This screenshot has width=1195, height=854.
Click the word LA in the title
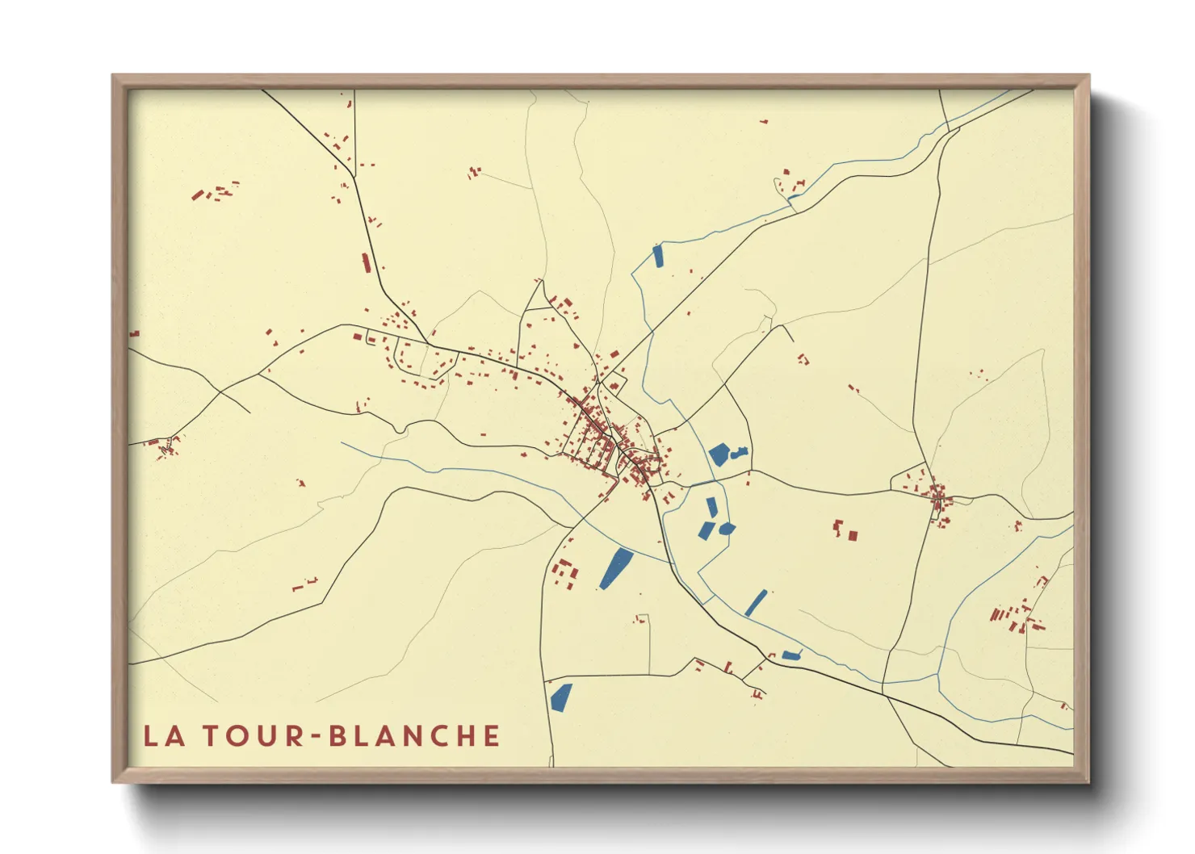[x=165, y=736]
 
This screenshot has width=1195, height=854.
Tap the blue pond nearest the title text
[x=560, y=697]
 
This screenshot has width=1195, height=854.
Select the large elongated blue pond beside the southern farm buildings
[x=617, y=568]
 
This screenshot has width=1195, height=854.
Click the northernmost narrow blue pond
[x=657, y=256]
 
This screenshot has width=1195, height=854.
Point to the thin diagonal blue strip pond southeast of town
[x=757, y=602]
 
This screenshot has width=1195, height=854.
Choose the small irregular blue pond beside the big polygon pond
[x=738, y=454]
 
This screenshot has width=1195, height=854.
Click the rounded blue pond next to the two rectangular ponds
[x=727, y=529]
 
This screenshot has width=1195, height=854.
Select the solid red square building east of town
[x=853, y=534]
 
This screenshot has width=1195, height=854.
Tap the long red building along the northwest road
[x=365, y=263]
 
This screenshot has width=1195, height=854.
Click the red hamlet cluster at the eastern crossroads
[x=937, y=496]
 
